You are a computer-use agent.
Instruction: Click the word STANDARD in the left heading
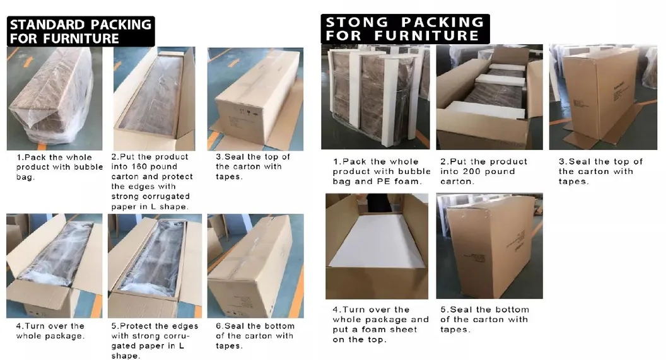point(48,25)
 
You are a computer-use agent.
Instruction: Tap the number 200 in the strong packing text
point(471,171)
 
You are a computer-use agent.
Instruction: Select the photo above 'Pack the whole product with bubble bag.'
point(54,98)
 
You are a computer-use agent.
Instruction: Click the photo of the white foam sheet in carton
point(377,246)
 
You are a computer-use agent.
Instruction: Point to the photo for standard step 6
point(255,266)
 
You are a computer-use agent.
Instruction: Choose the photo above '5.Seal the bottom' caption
point(489,246)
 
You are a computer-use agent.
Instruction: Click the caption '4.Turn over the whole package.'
point(50,330)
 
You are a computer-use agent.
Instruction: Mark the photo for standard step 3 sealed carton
point(255,98)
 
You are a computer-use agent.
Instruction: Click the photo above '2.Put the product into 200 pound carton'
point(489,96)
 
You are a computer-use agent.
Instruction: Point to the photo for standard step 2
point(155,98)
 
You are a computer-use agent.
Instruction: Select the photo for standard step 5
point(155,266)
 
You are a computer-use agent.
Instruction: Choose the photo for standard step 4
point(54,266)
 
